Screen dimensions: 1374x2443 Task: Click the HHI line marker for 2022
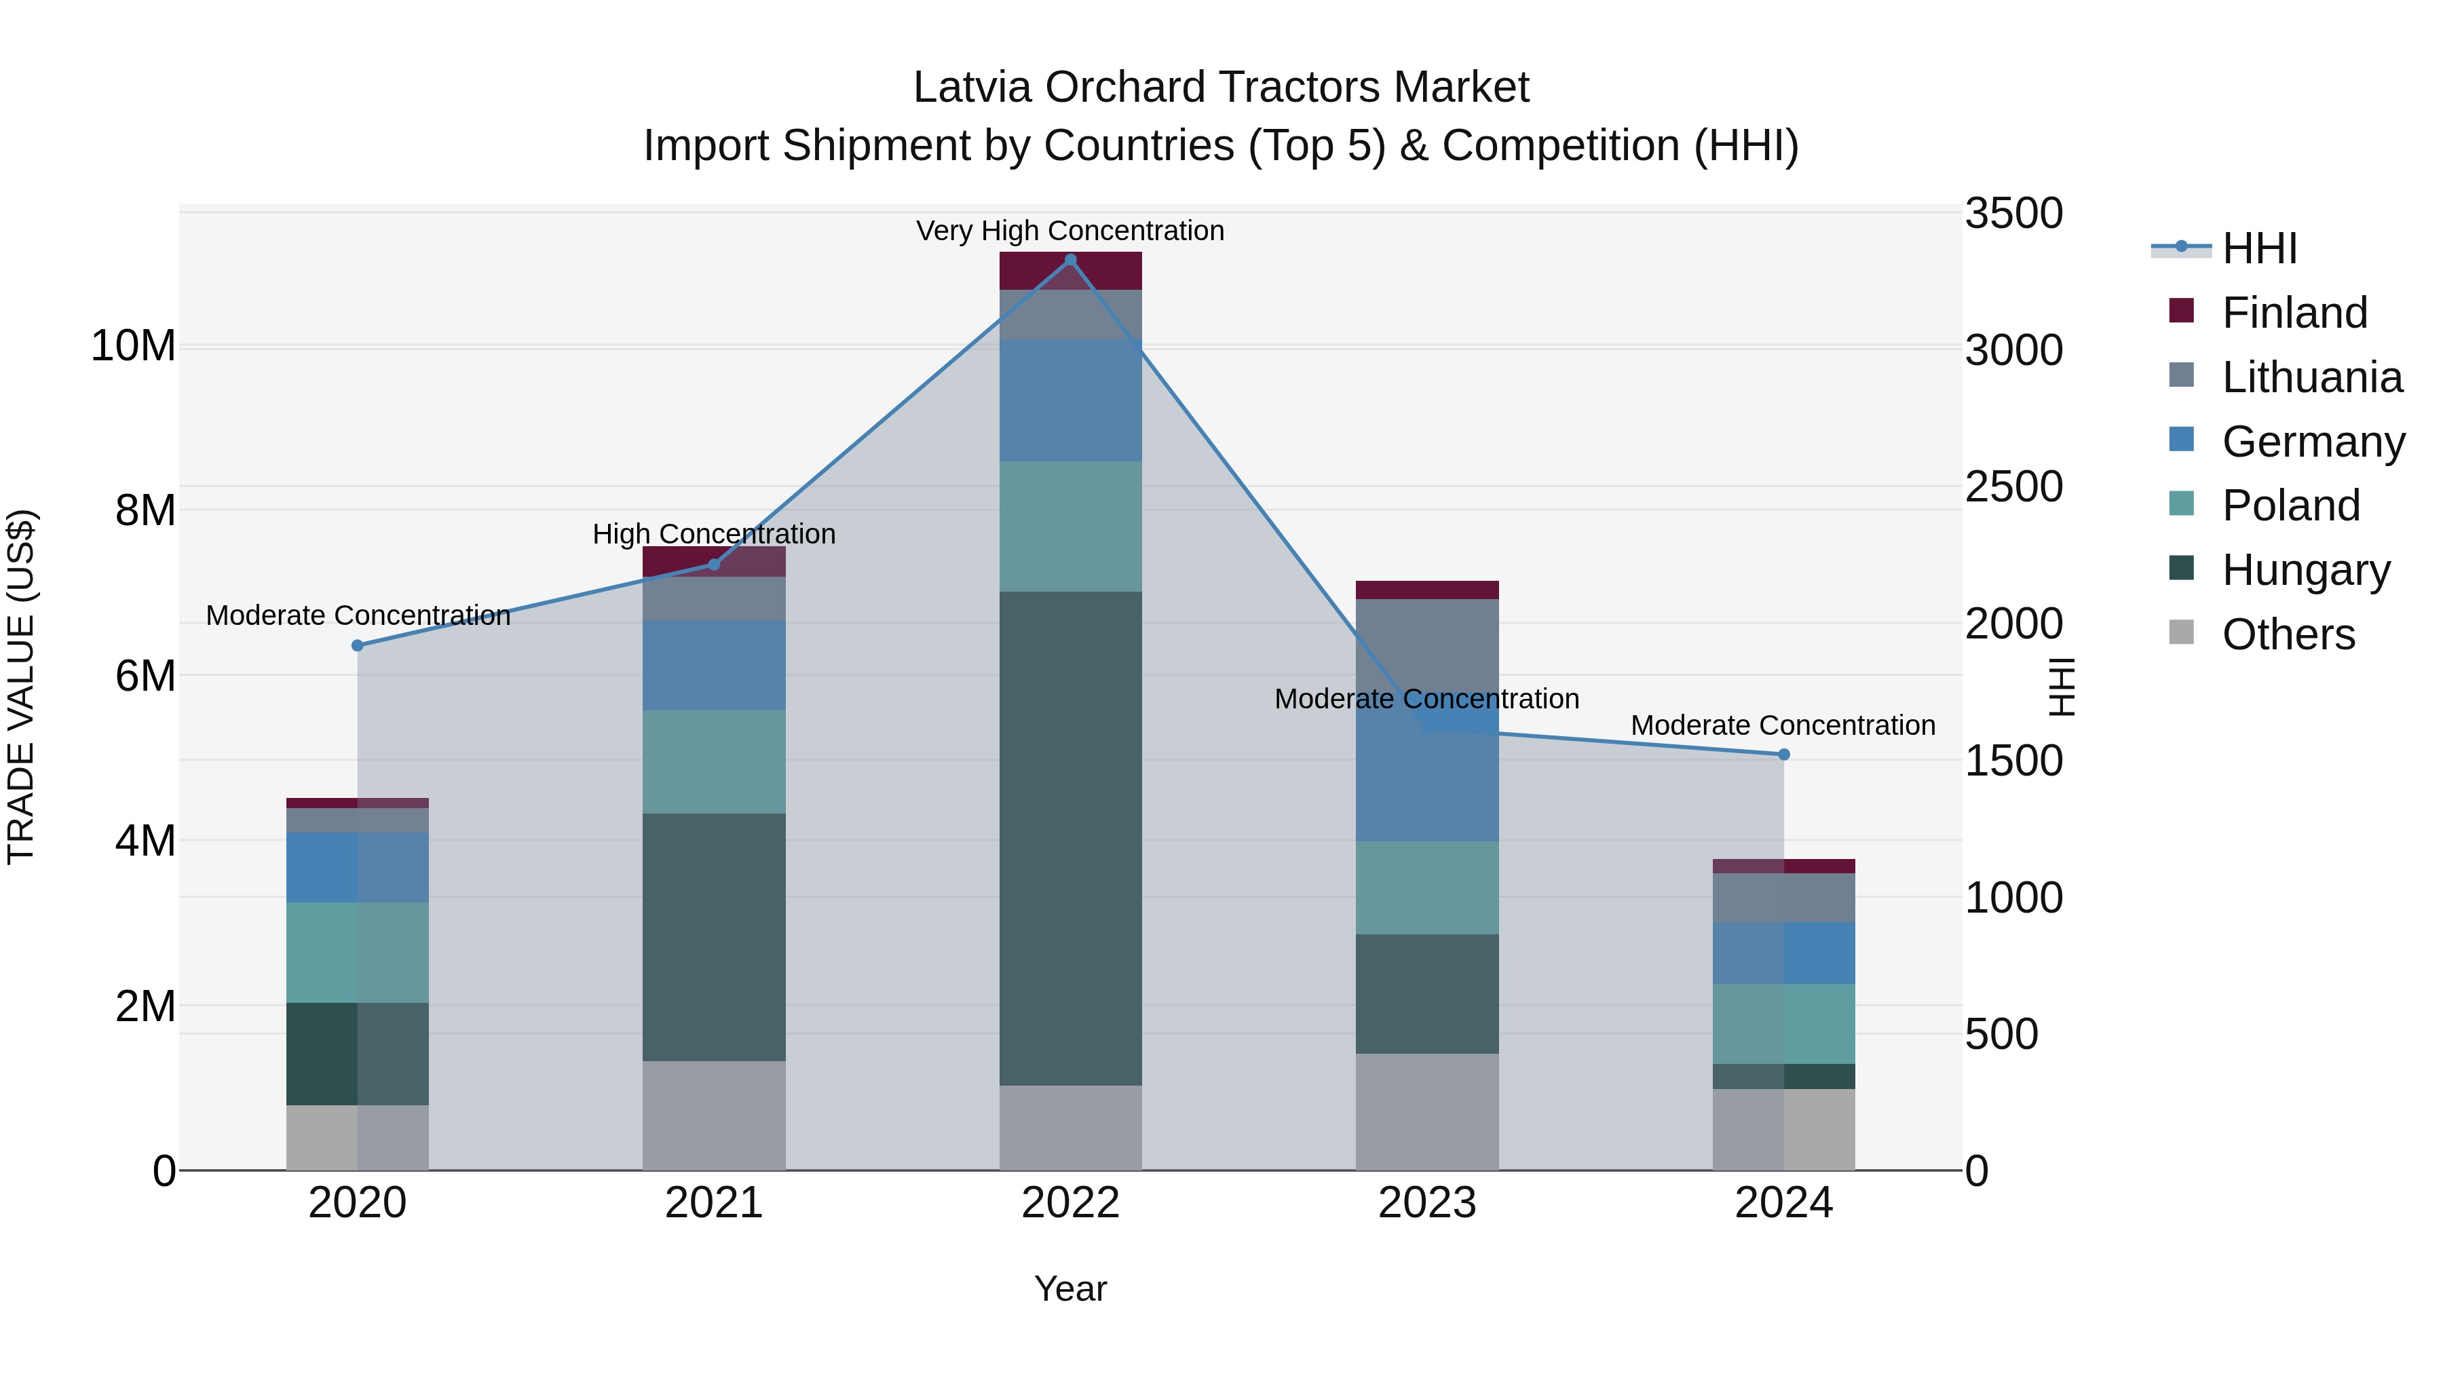pyautogui.click(x=1071, y=260)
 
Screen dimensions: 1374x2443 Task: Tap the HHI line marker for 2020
pyautogui.click(x=358, y=646)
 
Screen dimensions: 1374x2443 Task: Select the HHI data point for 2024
pyautogui.click(x=1784, y=755)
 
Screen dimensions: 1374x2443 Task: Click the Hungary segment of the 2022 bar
pyautogui.click(x=1071, y=839)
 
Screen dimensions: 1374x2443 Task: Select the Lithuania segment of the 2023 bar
pyautogui.click(x=1427, y=654)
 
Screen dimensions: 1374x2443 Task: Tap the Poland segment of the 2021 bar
pyautogui.click(x=714, y=763)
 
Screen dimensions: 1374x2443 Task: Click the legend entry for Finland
pyautogui.click(x=2294, y=313)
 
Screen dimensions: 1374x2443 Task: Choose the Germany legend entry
pyautogui.click(x=2312, y=442)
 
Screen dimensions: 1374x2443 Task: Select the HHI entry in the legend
pyautogui.click(x=2259, y=248)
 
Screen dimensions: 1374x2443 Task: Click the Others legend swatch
pyautogui.click(x=2181, y=632)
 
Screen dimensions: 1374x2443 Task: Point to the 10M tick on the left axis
pyautogui.click(x=133, y=345)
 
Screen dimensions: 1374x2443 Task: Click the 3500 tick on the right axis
pyautogui.click(x=2013, y=213)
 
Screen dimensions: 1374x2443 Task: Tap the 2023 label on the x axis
pyautogui.click(x=1427, y=1203)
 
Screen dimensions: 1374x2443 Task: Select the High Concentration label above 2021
pyautogui.click(x=714, y=534)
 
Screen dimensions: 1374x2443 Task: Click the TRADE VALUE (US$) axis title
pyautogui.click(x=21, y=687)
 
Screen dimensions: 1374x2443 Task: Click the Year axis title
pyautogui.click(x=1071, y=1289)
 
